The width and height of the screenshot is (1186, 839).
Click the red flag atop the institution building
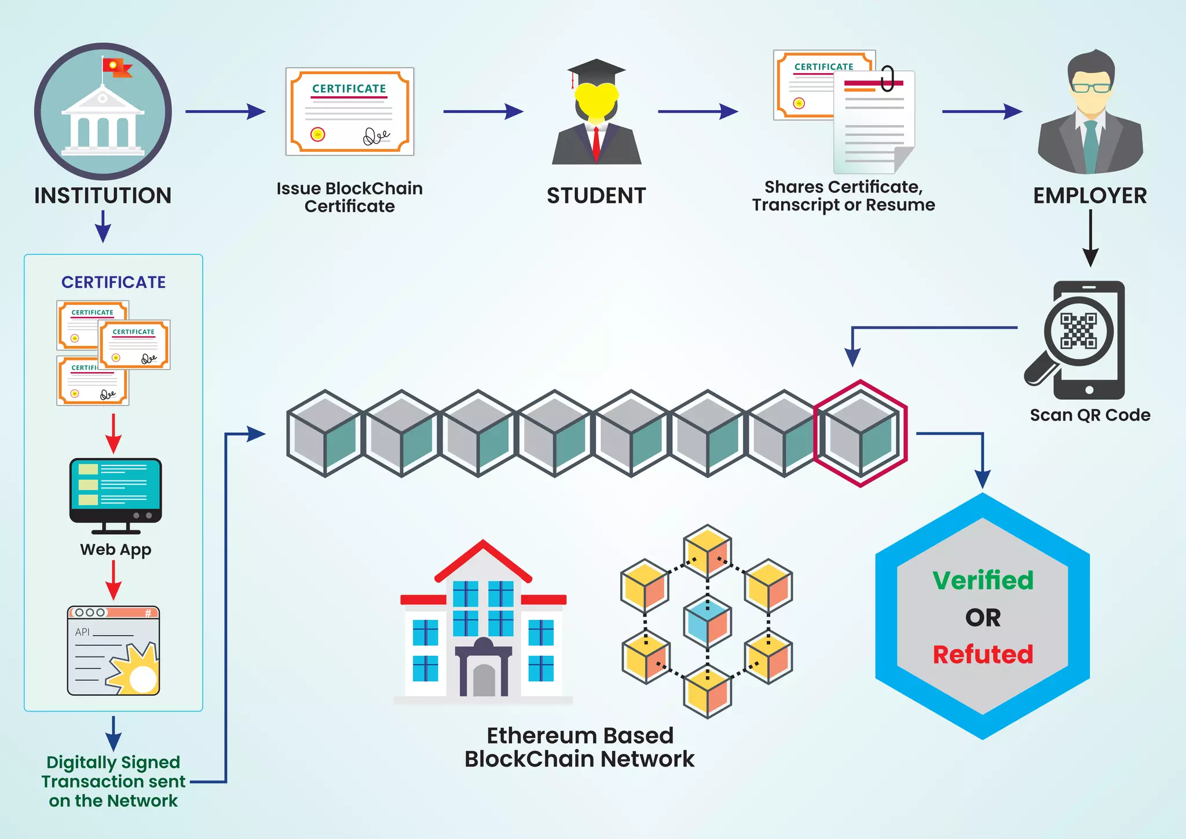click(x=116, y=67)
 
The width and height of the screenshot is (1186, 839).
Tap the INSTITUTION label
click(x=103, y=196)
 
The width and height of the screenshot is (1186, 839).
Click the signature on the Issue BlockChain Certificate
click(x=376, y=137)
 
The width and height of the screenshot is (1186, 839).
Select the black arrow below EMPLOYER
click(x=1090, y=238)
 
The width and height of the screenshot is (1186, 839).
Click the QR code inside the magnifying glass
click(x=1078, y=331)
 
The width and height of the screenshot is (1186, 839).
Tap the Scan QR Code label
click(x=1090, y=415)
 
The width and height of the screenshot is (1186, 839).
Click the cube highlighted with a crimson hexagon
click(x=861, y=433)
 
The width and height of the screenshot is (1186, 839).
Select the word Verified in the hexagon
click(x=983, y=580)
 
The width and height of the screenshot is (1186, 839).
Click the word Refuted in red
click(x=983, y=654)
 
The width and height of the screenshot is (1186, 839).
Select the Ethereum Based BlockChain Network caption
click(x=580, y=747)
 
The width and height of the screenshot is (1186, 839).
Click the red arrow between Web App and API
click(x=114, y=579)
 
